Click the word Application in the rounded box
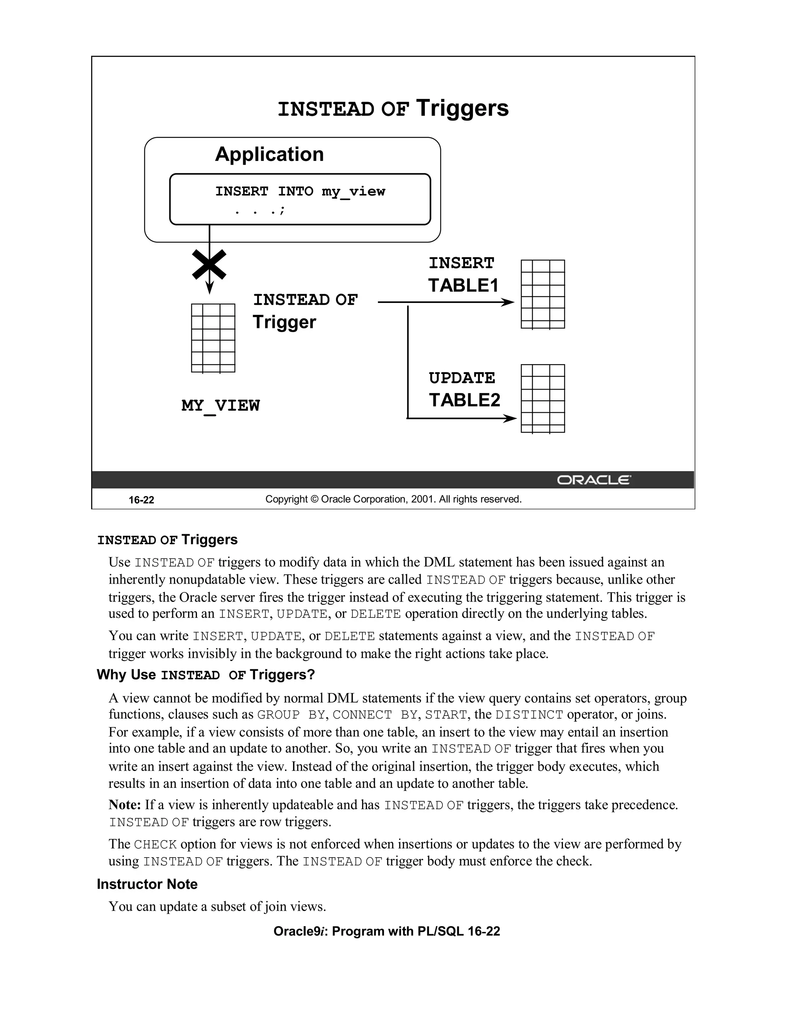tap(269, 154)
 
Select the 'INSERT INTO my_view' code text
tap(300, 191)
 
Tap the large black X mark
tap(209, 265)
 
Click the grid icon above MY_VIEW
tap(213, 338)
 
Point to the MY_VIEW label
tap(220, 405)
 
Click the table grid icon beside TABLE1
tap(543, 294)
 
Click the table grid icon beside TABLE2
tap(543, 398)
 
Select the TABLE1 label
tap(463, 285)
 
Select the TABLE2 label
tap(464, 400)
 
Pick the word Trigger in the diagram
tap(284, 322)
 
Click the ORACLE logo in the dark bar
tap(593, 480)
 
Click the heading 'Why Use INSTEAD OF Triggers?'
tap(206, 675)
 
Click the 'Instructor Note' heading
tap(147, 884)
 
